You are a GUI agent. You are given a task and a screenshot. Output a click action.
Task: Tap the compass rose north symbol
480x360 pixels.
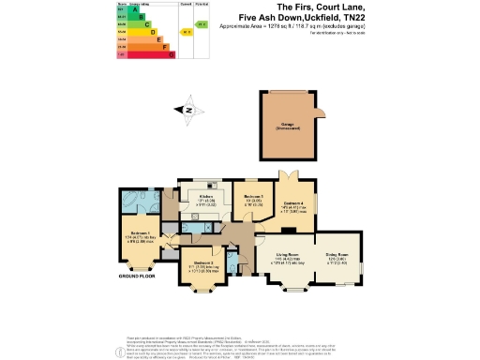pos(188,111)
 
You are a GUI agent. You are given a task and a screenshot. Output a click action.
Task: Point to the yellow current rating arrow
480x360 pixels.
pos(188,32)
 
